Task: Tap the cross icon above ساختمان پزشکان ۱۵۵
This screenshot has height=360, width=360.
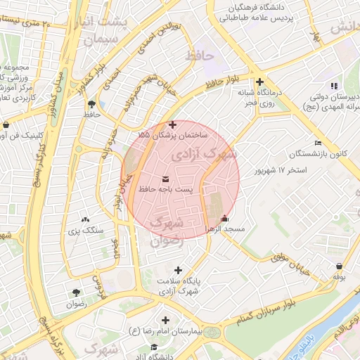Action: [173, 124]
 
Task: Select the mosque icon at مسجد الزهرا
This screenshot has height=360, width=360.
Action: [224, 218]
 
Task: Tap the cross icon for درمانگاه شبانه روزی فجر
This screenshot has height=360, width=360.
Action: [260, 82]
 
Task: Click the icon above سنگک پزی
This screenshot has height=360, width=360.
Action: [85, 220]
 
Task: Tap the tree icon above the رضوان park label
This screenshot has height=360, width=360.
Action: [75, 292]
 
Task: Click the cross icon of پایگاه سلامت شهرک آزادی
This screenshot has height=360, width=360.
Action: [178, 270]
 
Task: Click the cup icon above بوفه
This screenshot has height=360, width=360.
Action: [340, 266]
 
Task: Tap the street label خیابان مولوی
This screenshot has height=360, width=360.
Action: [290, 259]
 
